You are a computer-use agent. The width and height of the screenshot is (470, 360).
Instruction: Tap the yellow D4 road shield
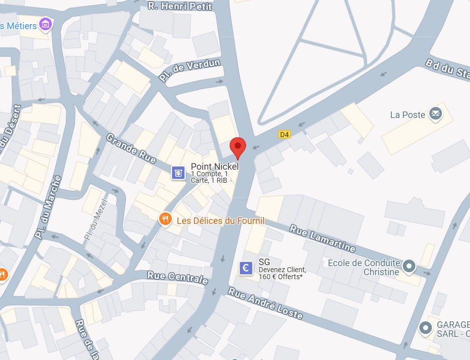(284, 134)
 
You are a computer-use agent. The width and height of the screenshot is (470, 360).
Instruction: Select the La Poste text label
(407, 115)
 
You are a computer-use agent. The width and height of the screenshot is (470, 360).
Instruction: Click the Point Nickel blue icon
(177, 173)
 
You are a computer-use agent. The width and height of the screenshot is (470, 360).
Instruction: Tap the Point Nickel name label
(214, 166)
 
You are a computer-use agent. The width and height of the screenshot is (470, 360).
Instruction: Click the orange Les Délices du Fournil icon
(164, 219)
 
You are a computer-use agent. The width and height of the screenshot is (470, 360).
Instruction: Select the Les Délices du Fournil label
(220, 220)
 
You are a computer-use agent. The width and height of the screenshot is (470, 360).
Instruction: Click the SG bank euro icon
(246, 268)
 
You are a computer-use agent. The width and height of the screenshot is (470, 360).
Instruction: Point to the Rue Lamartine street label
(322, 238)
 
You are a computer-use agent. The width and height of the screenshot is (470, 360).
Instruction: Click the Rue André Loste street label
(265, 303)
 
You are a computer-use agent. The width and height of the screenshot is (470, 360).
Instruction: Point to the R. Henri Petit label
(180, 6)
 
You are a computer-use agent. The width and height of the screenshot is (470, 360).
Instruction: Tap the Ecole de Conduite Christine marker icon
(410, 267)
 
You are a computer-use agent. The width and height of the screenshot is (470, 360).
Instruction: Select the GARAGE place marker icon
(426, 328)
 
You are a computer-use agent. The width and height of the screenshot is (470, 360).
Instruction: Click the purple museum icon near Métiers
(46, 24)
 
